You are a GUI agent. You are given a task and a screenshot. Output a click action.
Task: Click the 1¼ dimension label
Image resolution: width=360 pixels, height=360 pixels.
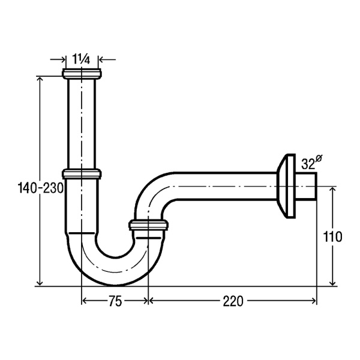click(x=82, y=59)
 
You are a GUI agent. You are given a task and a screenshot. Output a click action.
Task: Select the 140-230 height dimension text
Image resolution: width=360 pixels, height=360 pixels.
click(x=41, y=188)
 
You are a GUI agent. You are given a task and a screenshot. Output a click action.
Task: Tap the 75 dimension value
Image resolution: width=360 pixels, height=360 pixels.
click(x=115, y=301)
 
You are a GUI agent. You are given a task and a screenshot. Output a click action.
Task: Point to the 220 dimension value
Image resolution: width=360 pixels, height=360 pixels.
click(x=233, y=301)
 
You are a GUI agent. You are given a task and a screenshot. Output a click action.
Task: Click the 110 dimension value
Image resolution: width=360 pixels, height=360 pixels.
click(x=332, y=236)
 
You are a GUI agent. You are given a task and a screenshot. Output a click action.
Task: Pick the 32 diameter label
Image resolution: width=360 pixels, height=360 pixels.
click(x=311, y=162)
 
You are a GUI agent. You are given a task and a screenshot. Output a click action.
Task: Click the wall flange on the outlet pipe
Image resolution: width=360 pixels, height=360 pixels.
click(x=286, y=186)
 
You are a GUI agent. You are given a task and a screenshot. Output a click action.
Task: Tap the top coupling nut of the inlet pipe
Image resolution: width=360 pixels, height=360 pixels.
click(x=82, y=74)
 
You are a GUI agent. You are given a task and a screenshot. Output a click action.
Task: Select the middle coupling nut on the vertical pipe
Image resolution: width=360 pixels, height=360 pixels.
click(x=82, y=174)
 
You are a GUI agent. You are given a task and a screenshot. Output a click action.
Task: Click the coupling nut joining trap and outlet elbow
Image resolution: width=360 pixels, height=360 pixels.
click(x=148, y=225)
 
